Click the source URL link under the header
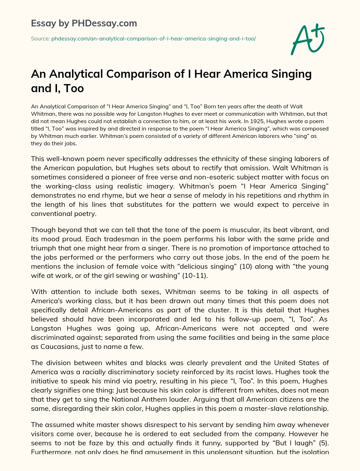pos(153,38)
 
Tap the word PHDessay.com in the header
pos(104,23)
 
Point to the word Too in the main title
pos(73,88)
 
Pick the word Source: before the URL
pos(40,38)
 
